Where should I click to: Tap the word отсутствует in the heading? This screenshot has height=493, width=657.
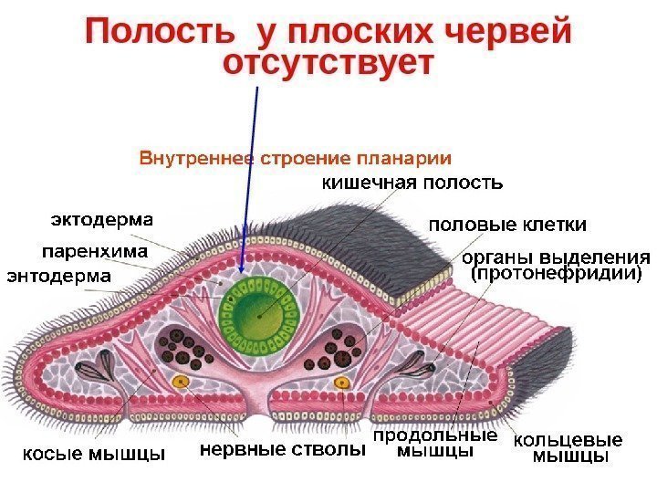[326, 66]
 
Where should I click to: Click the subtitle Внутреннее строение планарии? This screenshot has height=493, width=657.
[296, 157]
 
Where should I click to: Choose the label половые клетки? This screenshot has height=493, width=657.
[507, 224]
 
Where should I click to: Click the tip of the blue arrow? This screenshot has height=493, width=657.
[242, 271]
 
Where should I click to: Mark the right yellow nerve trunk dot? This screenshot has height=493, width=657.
[342, 381]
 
